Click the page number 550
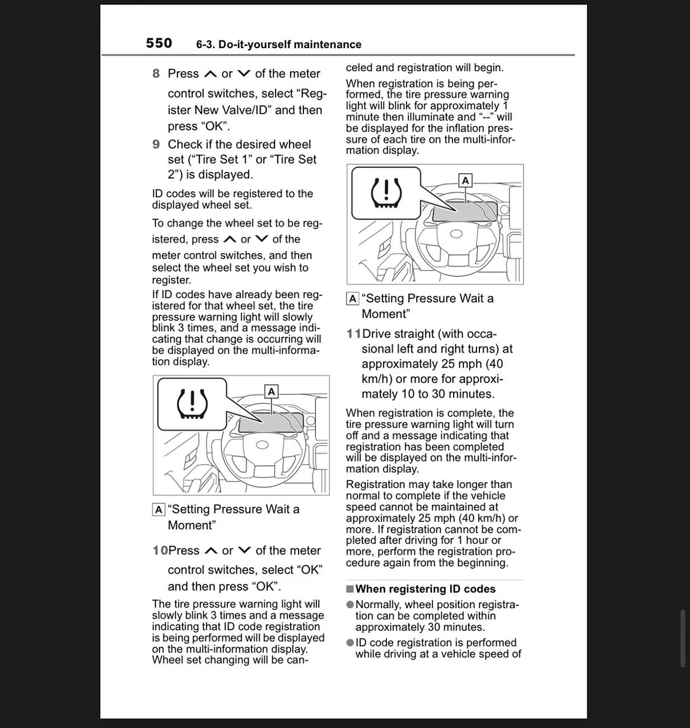(159, 43)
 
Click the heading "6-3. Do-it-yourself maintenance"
(278, 44)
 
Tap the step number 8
(156, 73)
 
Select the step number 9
(156, 144)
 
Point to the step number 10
(160, 550)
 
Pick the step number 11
(354, 334)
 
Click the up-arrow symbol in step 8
(211, 74)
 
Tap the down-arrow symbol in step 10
(244, 550)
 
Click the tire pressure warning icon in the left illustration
(192, 404)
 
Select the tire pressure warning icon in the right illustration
(386, 193)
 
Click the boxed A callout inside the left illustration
(272, 391)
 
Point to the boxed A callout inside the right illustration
(465, 181)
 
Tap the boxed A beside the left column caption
(158, 510)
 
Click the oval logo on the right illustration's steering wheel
(456, 234)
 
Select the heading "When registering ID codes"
(426, 589)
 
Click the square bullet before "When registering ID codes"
(350, 589)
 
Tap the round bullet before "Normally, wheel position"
(350, 604)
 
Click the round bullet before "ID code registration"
(350, 642)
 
